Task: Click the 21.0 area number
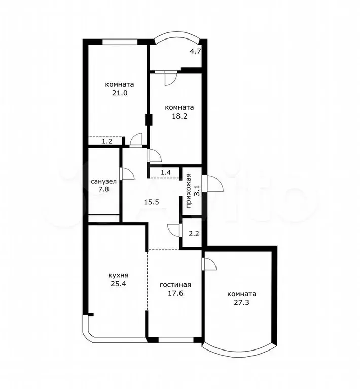pyautogui.click(x=119, y=93)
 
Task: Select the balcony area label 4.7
pyautogui.click(x=195, y=51)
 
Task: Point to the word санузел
pyautogui.click(x=103, y=181)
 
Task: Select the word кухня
pyautogui.click(x=117, y=275)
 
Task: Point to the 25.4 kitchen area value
pyautogui.click(x=117, y=284)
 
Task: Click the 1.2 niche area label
pyautogui.click(x=106, y=141)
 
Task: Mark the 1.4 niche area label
pyautogui.click(x=166, y=173)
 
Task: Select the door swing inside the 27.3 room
pyautogui.click(x=210, y=265)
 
